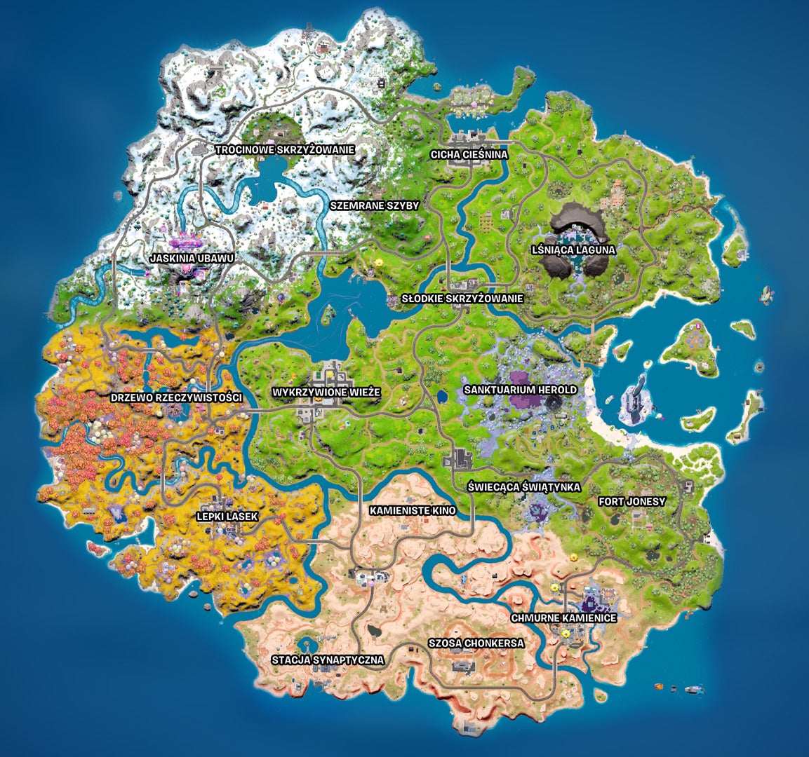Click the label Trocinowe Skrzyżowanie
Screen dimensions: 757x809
[285, 149]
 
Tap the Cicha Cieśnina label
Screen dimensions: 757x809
[469, 154]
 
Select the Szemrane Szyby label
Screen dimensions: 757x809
[374, 205]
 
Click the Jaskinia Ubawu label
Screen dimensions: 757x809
[192, 258]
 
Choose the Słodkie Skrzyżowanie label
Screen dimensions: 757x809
[462, 299]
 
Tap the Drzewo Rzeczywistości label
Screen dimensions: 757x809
[176, 397]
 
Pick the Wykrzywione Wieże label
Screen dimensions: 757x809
[326, 393]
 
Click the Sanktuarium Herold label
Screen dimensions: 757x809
[520, 390]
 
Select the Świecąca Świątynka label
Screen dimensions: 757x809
[524, 486]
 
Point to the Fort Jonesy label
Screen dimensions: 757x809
[631, 502]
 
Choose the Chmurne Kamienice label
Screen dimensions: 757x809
[563, 618]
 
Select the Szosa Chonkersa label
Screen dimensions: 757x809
[476, 643]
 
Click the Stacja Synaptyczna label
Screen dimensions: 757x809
[328, 660]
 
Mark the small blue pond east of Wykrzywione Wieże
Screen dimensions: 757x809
[442, 397]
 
